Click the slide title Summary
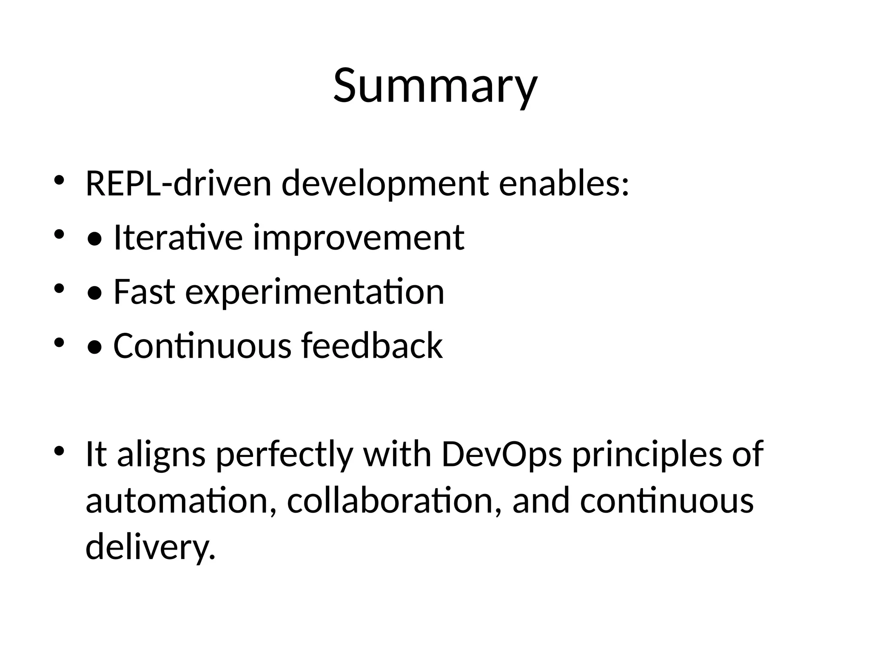coord(435,86)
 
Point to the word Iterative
coord(178,238)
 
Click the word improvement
coord(359,238)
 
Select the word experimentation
coord(315,292)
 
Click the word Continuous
coord(202,346)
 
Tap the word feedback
coord(372,346)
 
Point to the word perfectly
coord(285,455)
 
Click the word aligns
coord(161,455)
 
